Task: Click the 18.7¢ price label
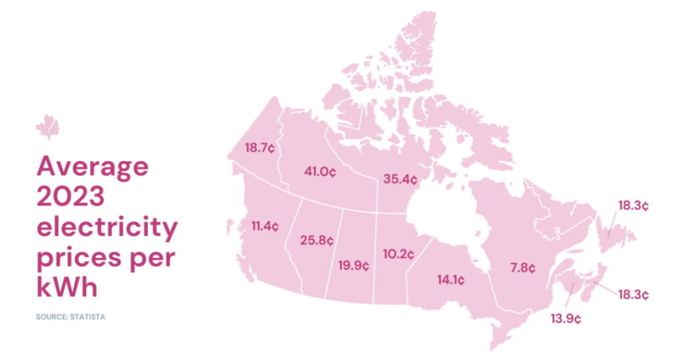260,148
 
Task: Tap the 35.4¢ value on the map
401,179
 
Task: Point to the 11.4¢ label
265,226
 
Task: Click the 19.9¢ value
355,265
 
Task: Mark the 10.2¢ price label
399,254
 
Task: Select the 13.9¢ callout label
566,319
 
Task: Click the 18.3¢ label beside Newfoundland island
633,205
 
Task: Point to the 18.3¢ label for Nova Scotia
633,294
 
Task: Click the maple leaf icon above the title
47,126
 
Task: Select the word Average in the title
92,167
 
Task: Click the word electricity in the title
107,229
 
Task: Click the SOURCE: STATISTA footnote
71,316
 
